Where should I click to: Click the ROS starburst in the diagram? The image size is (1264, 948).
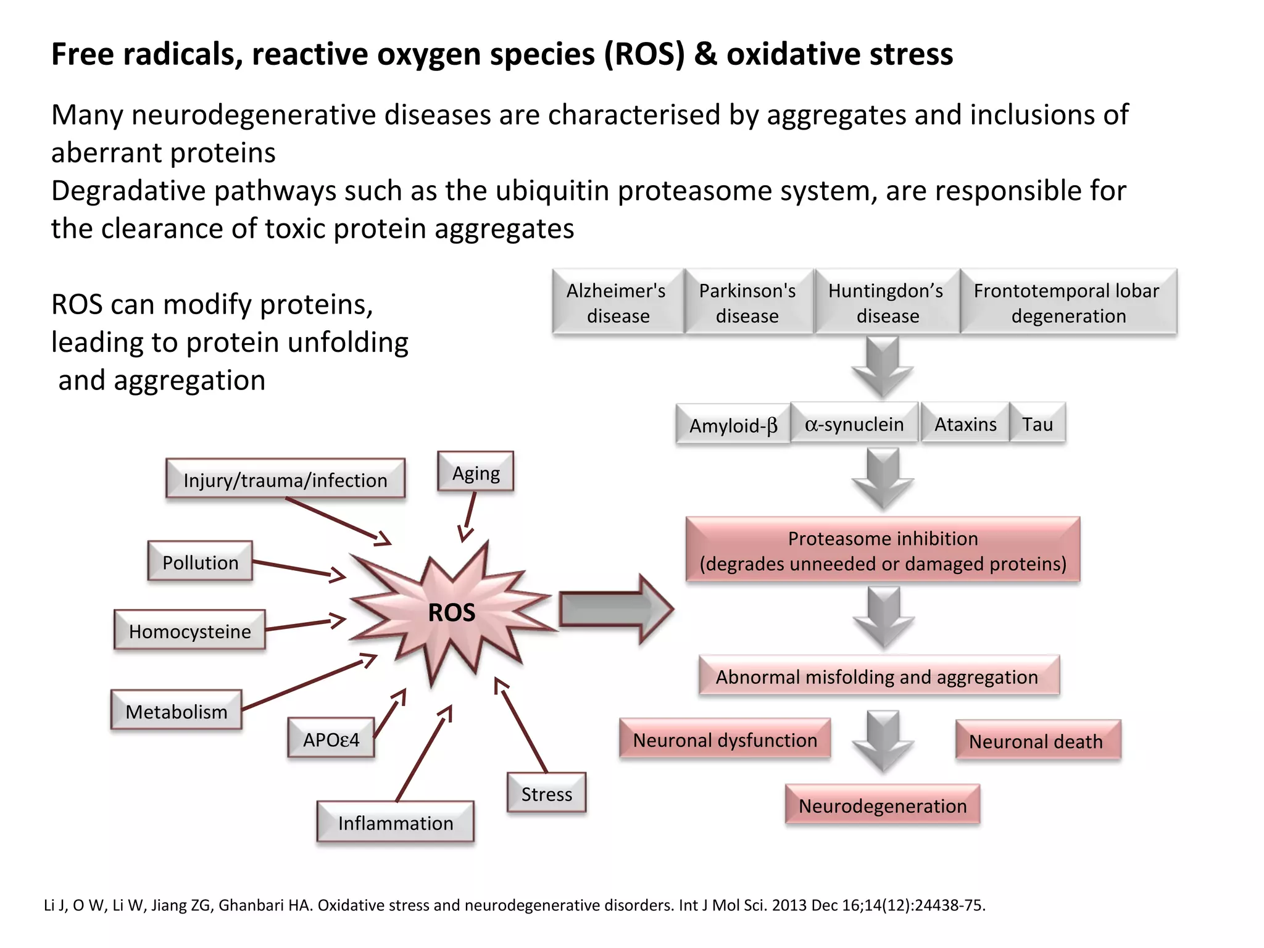point(452,612)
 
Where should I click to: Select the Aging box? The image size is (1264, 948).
point(476,472)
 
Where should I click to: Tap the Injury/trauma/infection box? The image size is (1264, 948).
point(285,479)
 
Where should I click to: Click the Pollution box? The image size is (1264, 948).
point(200,562)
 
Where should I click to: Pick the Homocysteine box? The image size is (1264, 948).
point(189,630)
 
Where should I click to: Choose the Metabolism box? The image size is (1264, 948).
point(177,711)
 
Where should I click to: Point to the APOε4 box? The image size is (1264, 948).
point(331,738)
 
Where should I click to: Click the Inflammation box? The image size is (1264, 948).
point(396,822)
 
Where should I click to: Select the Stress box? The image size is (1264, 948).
point(546,793)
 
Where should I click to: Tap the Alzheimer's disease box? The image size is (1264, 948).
point(617,302)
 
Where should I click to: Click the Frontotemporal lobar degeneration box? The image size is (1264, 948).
point(1068,302)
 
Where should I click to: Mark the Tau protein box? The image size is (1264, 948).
point(1037,423)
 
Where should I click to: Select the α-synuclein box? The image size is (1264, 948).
point(854,423)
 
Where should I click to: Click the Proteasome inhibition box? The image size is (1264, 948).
point(883,550)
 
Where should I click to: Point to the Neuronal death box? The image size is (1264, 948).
point(1037,740)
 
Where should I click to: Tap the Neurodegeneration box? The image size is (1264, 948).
point(883,805)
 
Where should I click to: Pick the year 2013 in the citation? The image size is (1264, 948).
point(789,905)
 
